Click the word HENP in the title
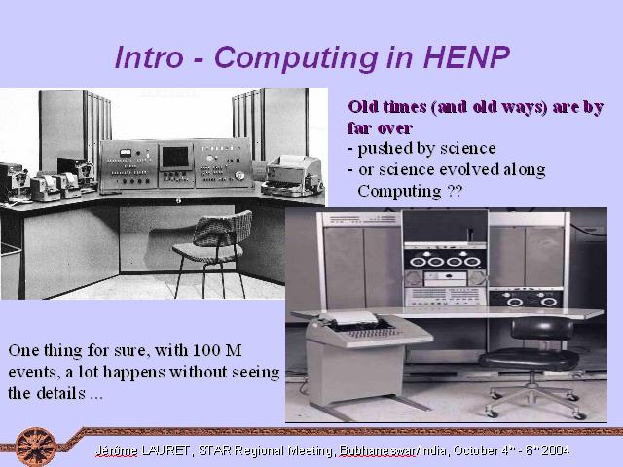[x=466, y=57]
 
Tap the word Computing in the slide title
[x=296, y=58]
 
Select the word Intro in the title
[x=149, y=57]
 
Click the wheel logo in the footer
[x=36, y=447]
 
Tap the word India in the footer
[x=434, y=450]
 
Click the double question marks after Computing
[x=455, y=191]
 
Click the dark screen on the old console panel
[x=175, y=157]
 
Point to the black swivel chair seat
[x=529, y=360]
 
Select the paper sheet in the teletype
[x=351, y=318]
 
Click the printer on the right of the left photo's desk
[x=293, y=176]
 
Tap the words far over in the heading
[x=380, y=127]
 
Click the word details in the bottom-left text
[x=60, y=393]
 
